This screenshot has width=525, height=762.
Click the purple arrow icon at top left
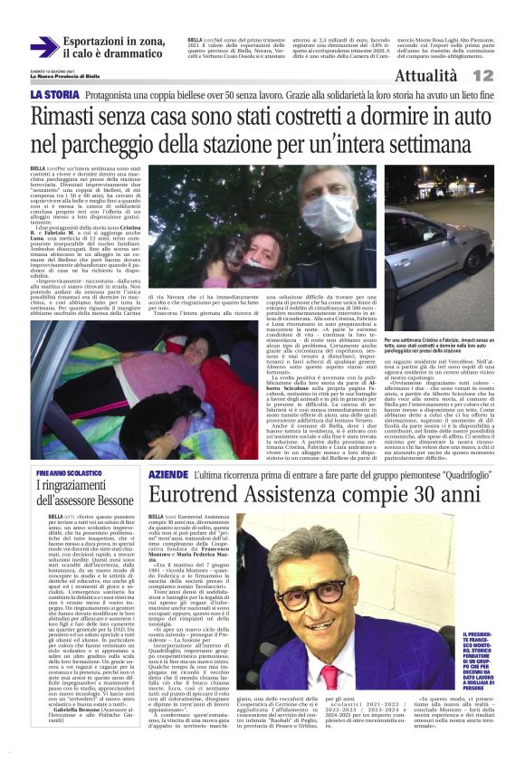tap(43, 47)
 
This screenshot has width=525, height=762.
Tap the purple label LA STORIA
tap(54, 95)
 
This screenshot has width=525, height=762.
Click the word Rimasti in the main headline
tap(69, 117)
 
